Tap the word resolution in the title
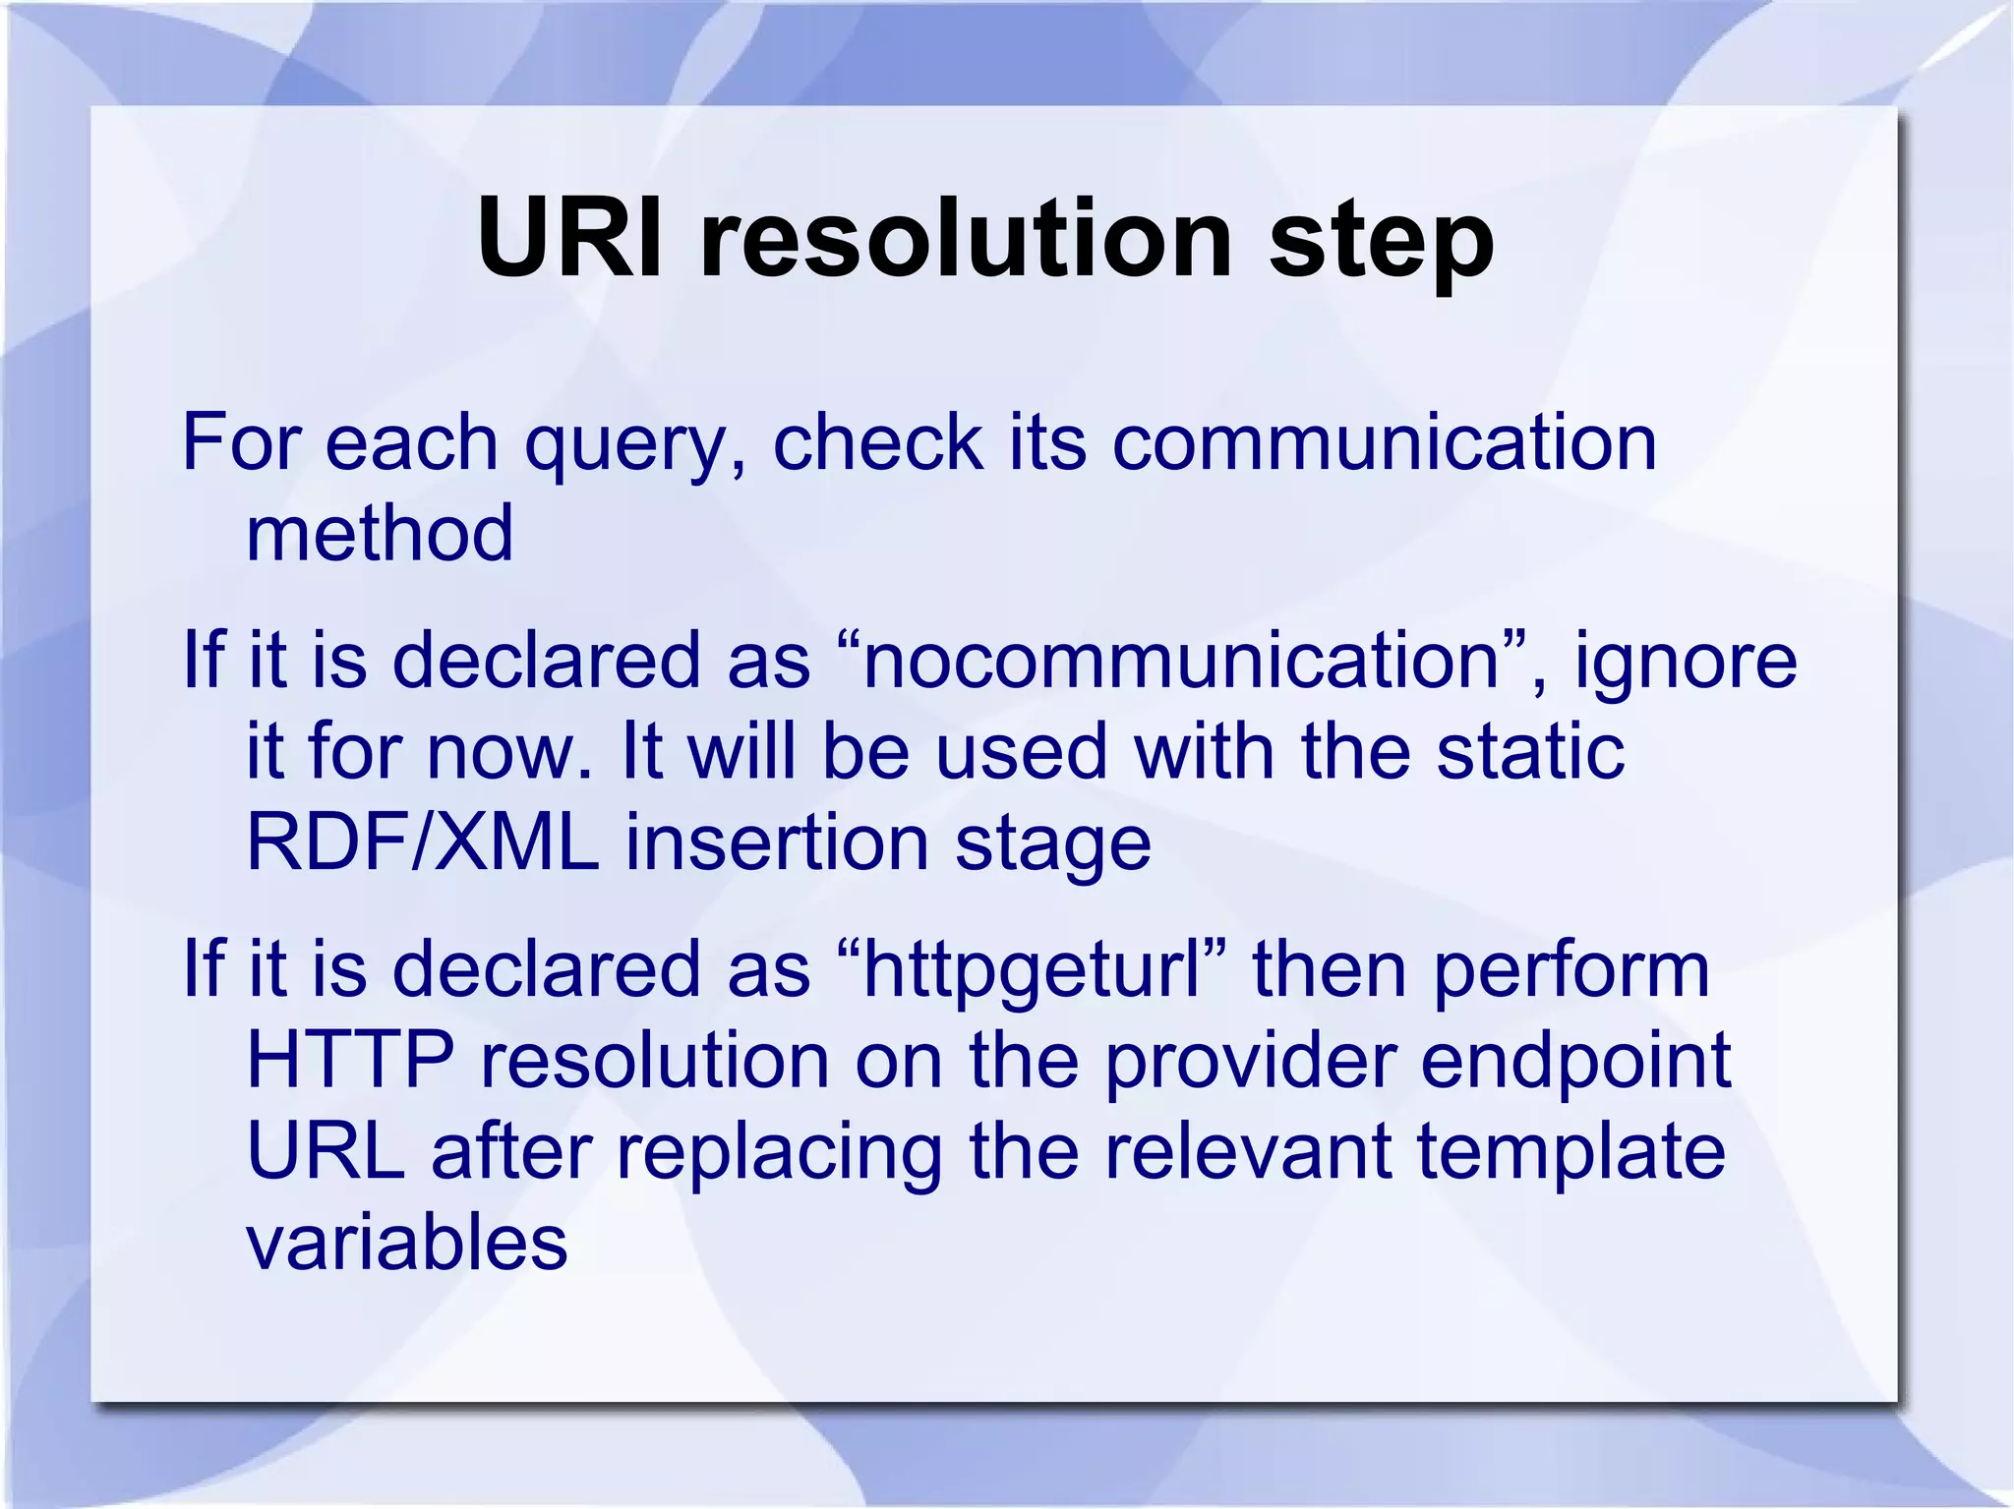click(x=965, y=239)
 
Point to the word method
click(x=380, y=533)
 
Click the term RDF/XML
click(x=422, y=842)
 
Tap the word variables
click(x=406, y=1243)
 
